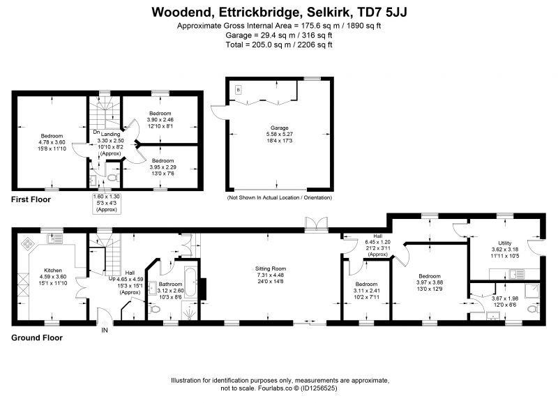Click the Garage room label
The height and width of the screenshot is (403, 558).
pos(280,128)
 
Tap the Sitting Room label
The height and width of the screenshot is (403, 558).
pos(271,268)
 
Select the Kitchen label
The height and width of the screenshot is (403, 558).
pos(53,271)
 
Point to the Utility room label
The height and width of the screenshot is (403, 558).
pos(504,243)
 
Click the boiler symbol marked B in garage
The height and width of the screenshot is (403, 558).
pos(239,90)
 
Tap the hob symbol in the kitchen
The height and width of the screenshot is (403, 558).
pos(28,243)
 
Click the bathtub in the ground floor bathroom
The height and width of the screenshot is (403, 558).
pos(189,283)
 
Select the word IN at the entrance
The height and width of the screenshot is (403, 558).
pos(105,330)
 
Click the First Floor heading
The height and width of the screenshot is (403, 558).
pos(31,199)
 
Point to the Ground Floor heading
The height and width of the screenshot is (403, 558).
pos(37,338)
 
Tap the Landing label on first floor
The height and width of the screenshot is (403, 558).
pos(111,135)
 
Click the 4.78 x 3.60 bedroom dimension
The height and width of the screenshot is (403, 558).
pos(52,142)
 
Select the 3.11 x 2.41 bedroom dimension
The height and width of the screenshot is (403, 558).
pos(367,291)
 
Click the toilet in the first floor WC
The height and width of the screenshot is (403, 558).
pos(114,177)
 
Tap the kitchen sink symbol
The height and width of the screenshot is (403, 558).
pos(55,238)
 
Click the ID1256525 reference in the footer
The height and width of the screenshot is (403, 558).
pos(319,388)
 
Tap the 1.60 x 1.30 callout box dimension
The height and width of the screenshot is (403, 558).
pos(107,197)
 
